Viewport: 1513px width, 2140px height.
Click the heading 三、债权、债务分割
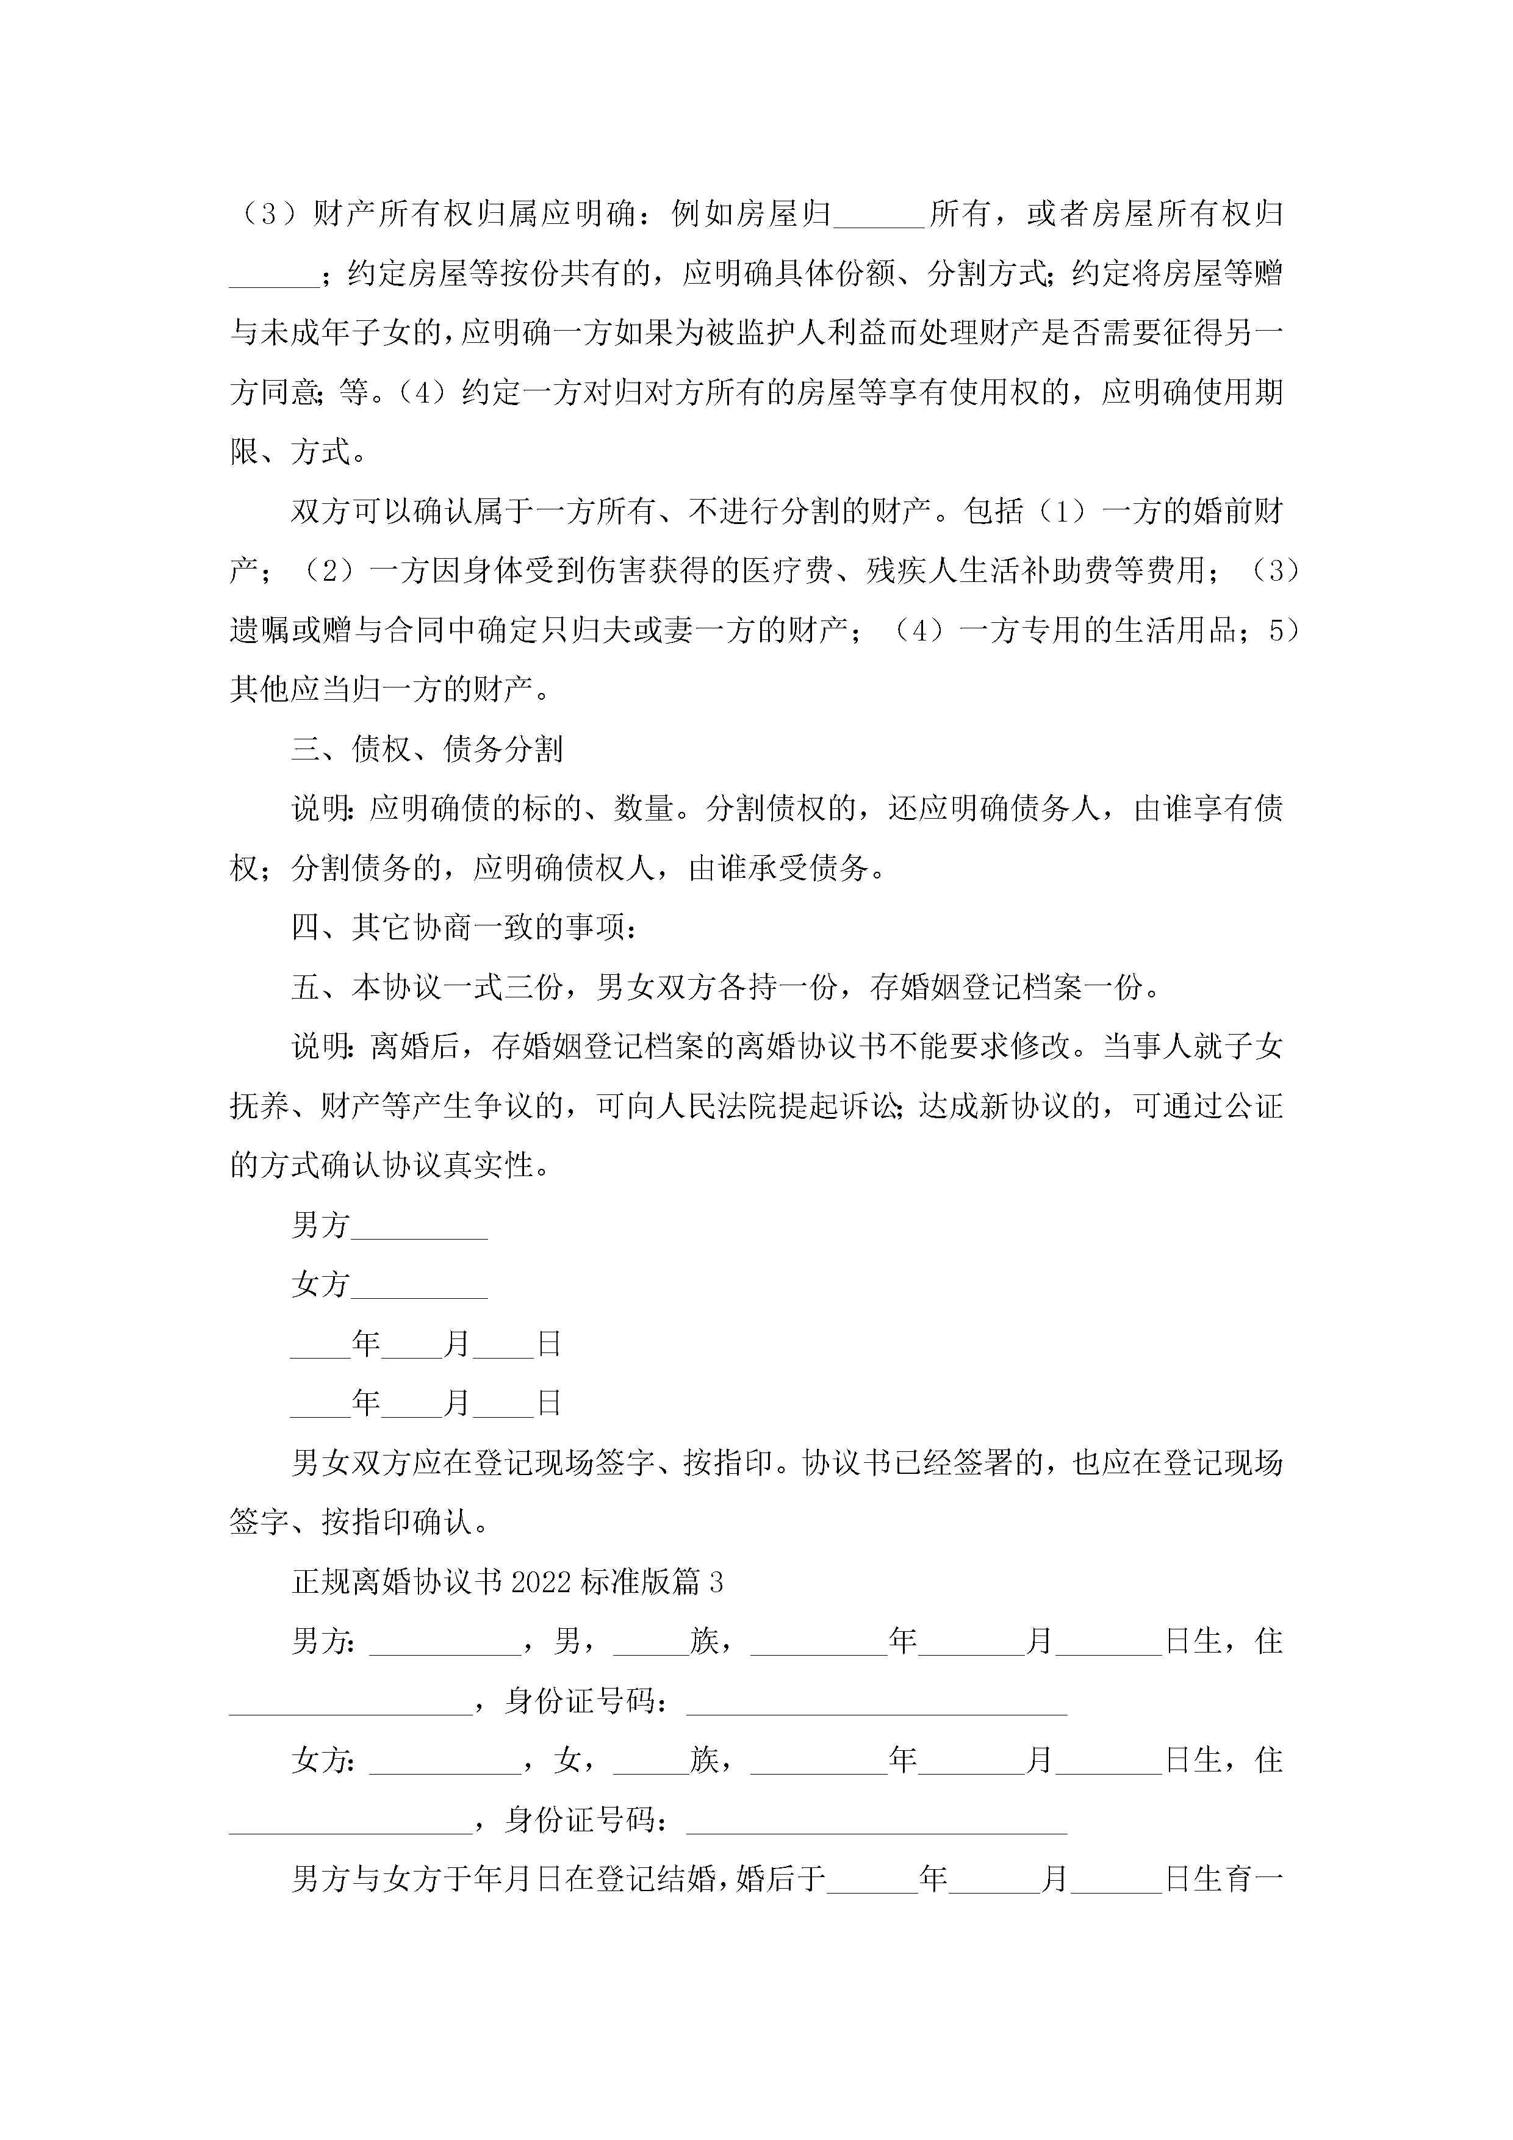[x=427, y=749]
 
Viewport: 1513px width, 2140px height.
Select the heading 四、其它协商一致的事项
[x=464, y=927]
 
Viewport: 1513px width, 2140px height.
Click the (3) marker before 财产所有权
[x=268, y=214]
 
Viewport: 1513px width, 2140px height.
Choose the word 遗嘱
[x=260, y=631]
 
